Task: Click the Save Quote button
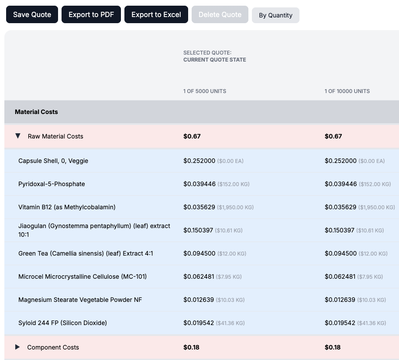click(x=32, y=14)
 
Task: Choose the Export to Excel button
click(x=156, y=14)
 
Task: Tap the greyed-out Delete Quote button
click(x=220, y=14)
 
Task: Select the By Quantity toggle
click(x=275, y=15)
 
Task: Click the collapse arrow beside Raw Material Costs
click(x=18, y=136)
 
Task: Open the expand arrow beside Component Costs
click(x=17, y=347)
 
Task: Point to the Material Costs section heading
click(x=36, y=112)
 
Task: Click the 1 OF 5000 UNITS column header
click(x=205, y=91)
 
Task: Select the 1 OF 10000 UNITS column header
click(x=347, y=91)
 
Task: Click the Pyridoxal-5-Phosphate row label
click(x=52, y=184)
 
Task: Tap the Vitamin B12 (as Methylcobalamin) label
click(x=67, y=207)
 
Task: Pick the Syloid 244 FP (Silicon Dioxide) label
click(x=62, y=323)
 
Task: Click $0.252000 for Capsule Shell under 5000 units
click(x=199, y=161)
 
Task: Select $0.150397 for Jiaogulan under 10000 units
click(x=341, y=230)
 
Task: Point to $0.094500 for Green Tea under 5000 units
click(x=199, y=253)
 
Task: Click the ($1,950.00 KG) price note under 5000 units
click(x=235, y=208)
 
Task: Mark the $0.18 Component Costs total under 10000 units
click(x=333, y=347)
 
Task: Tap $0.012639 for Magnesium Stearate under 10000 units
click(x=341, y=300)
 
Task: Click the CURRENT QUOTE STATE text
click(x=214, y=60)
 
